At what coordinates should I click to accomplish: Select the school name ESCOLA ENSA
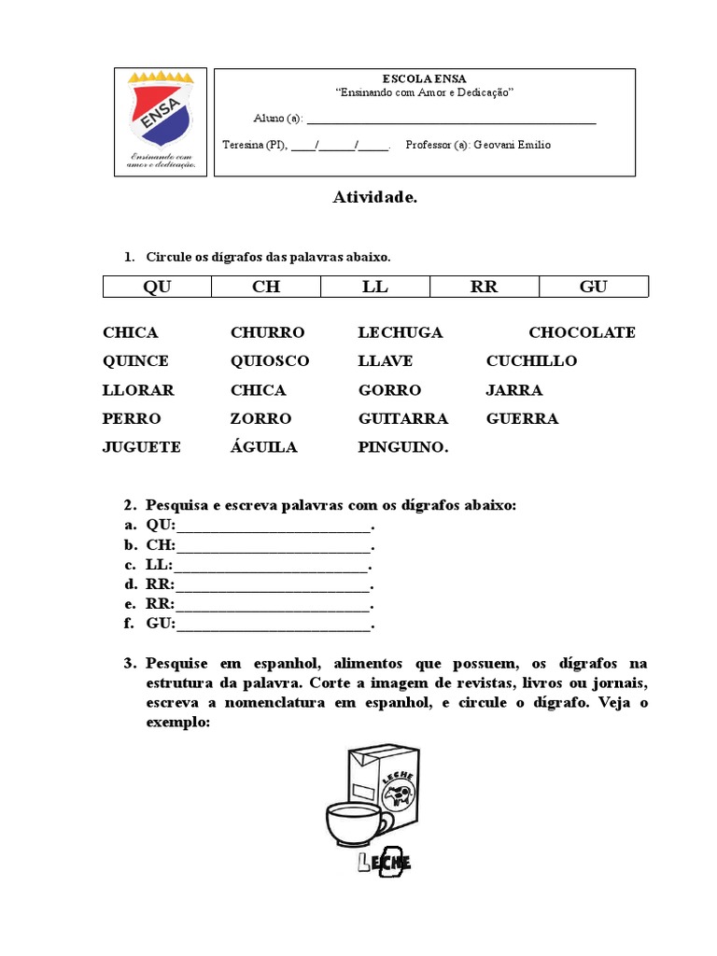pyautogui.click(x=424, y=78)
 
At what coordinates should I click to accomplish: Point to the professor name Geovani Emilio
pyautogui.click(x=512, y=145)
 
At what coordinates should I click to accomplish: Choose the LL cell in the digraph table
pyautogui.click(x=375, y=287)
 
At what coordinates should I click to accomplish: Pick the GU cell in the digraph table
pyautogui.click(x=593, y=287)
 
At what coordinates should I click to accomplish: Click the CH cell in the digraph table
pyautogui.click(x=266, y=287)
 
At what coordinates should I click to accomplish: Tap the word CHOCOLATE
pyautogui.click(x=582, y=332)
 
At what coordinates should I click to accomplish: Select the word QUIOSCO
pyautogui.click(x=270, y=361)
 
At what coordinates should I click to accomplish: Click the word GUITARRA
pyautogui.click(x=403, y=418)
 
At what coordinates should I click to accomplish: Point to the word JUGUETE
pyautogui.click(x=142, y=447)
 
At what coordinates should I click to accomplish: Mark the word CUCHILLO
pyautogui.click(x=531, y=361)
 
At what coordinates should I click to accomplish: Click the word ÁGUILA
pyautogui.click(x=264, y=447)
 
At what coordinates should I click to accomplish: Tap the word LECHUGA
pyautogui.click(x=401, y=332)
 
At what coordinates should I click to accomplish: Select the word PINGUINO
pyautogui.click(x=403, y=447)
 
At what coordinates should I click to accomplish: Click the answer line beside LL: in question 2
pyautogui.click(x=271, y=566)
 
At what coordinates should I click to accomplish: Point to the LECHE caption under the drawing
pyautogui.click(x=384, y=862)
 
